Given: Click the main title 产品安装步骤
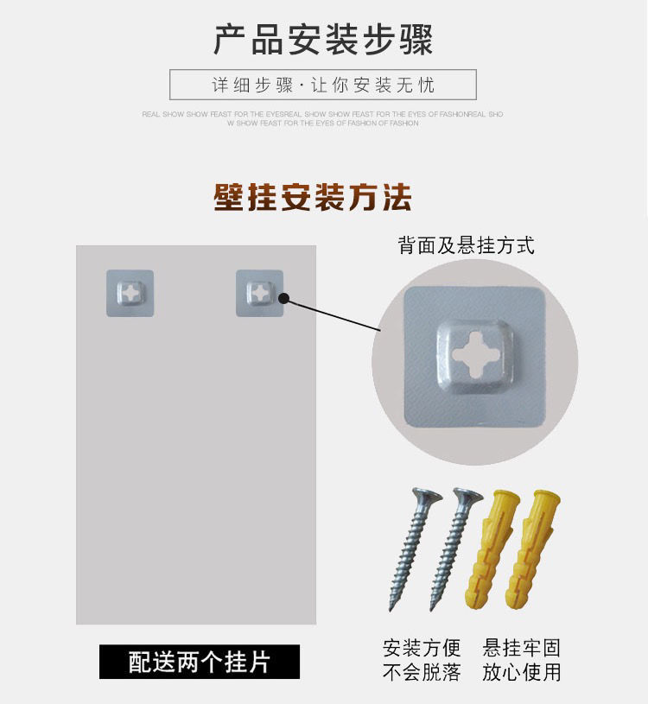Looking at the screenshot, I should pyautogui.click(x=323, y=40).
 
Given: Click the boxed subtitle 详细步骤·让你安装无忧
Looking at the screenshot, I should pyautogui.click(x=323, y=85).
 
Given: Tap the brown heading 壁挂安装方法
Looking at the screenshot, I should pyautogui.click(x=313, y=198).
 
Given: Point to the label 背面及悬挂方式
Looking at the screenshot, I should pyautogui.click(x=466, y=245).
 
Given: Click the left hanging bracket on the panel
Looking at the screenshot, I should pyautogui.click(x=130, y=293).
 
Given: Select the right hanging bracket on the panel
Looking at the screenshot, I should pyautogui.click(x=259, y=293).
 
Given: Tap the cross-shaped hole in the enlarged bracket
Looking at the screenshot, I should pyautogui.click(x=474, y=354).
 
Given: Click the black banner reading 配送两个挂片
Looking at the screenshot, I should pyautogui.click(x=199, y=662).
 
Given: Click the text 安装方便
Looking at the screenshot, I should pyautogui.click(x=422, y=648).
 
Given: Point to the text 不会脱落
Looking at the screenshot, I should pyautogui.click(x=422, y=672).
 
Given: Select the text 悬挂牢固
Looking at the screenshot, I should pyautogui.click(x=522, y=648).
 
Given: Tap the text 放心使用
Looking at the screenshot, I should pyautogui.click(x=522, y=672).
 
